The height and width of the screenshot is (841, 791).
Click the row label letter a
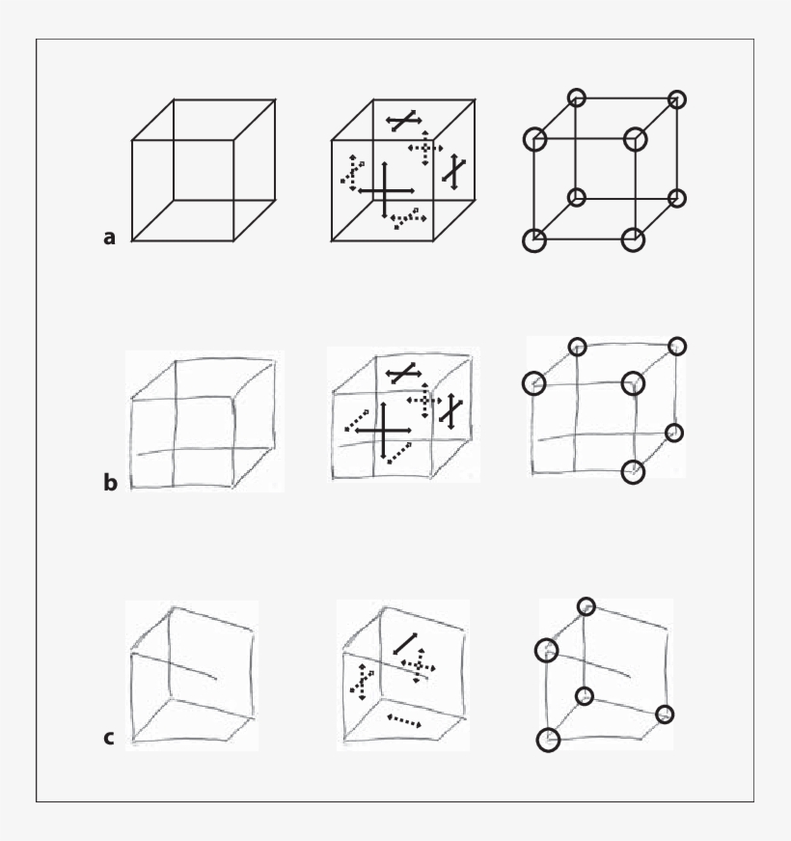[x=110, y=236]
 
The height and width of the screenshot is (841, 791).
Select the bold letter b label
[x=110, y=482]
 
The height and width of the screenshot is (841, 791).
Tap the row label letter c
[x=109, y=740]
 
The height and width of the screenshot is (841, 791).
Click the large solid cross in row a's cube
[x=385, y=190]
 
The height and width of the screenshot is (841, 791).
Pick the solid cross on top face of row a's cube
[x=403, y=121]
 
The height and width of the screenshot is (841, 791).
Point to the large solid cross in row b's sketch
[x=384, y=431]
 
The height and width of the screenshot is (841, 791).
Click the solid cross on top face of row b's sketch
[x=402, y=373]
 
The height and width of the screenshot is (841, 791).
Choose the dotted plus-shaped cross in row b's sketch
[x=423, y=399]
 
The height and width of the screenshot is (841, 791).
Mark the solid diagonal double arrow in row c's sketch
[x=405, y=644]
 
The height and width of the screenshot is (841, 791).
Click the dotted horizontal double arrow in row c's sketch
[x=404, y=719]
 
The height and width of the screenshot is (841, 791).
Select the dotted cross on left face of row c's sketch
[x=362, y=682]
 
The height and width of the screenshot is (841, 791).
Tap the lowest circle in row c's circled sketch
[x=548, y=740]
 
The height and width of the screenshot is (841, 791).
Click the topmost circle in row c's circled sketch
[x=586, y=606]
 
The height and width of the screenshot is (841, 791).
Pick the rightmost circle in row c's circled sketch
[x=664, y=714]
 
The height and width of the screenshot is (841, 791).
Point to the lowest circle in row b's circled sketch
[x=632, y=472]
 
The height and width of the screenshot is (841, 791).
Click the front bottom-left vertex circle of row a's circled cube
[x=534, y=239]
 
